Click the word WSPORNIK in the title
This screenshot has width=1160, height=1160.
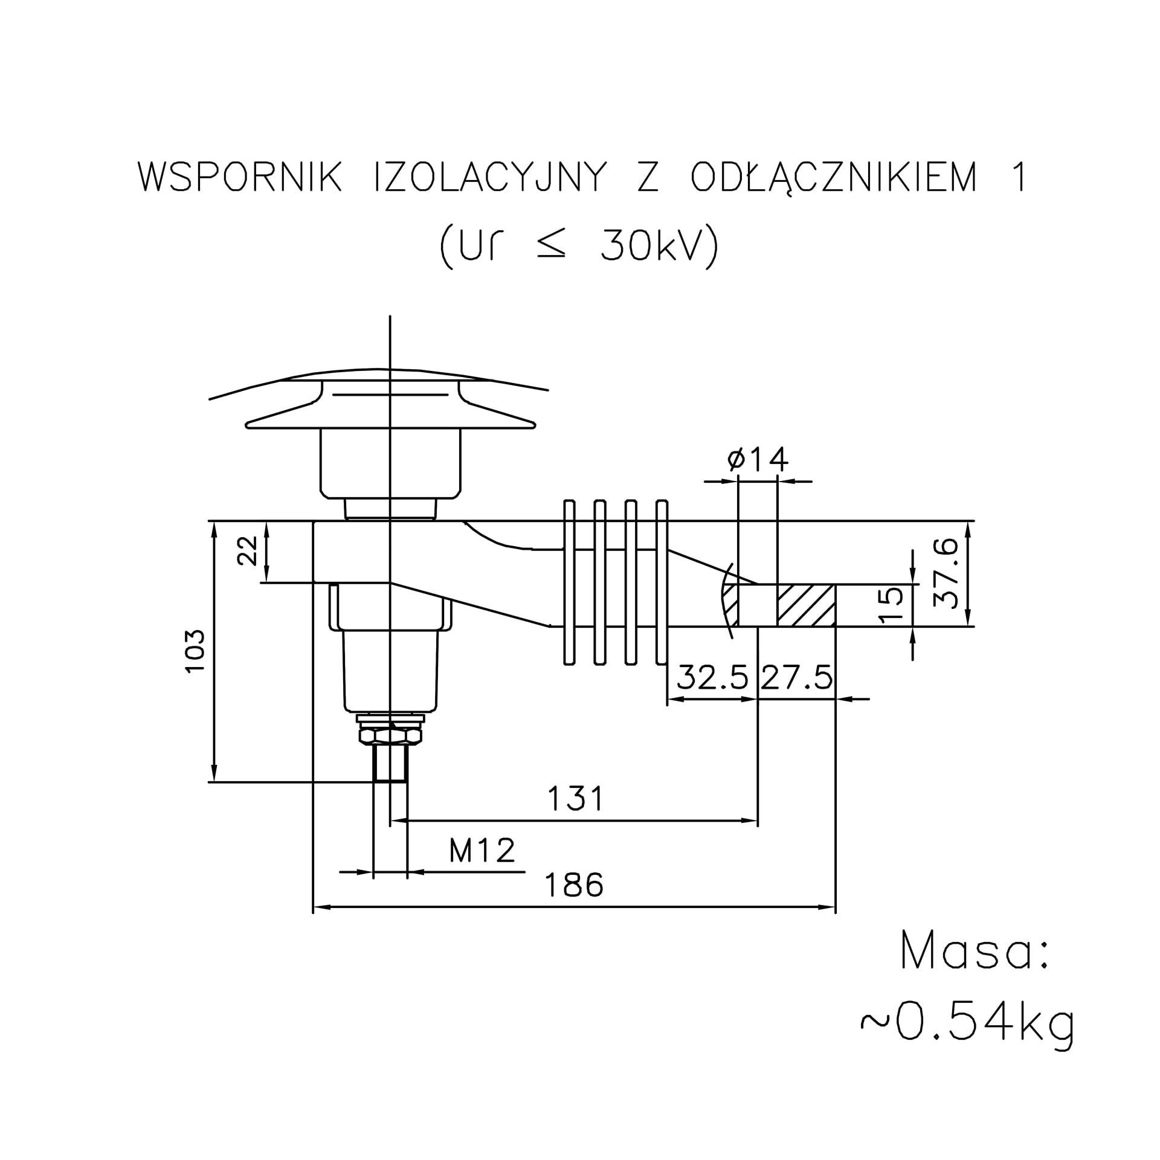[x=240, y=177]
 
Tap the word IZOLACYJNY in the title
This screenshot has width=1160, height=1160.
[x=490, y=177]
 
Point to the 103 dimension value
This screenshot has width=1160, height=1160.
[x=196, y=651]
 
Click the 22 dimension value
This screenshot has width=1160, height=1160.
[x=248, y=550]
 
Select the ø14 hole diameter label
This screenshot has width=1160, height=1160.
[x=758, y=460]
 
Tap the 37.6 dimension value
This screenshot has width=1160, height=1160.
[x=946, y=573]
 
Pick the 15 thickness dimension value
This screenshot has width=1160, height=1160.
[x=891, y=605]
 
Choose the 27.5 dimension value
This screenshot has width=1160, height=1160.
[x=797, y=678]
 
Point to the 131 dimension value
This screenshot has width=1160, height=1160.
[x=576, y=799]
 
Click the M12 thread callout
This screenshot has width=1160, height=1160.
[x=482, y=851]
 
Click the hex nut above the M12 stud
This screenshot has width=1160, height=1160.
[x=390, y=736]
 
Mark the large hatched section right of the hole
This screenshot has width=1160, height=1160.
[x=807, y=605]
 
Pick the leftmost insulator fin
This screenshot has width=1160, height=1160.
[x=569, y=582]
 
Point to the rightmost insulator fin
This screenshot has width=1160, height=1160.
[x=662, y=582]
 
